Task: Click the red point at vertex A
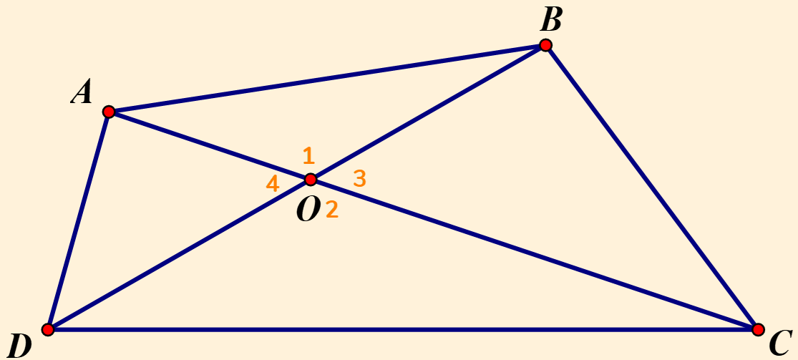(109, 112)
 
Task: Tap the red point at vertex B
(545, 46)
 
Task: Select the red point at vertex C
(758, 329)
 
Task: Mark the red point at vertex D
(48, 329)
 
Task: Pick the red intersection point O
(311, 179)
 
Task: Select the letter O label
(307, 210)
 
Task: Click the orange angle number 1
(308, 155)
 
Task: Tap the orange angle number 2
(331, 210)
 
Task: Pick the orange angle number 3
(360, 178)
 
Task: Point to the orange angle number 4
(272, 184)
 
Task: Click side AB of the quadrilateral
(327, 79)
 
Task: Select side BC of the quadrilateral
(651, 188)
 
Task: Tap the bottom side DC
(403, 329)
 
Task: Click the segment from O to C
(534, 254)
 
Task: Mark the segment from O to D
(179, 254)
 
